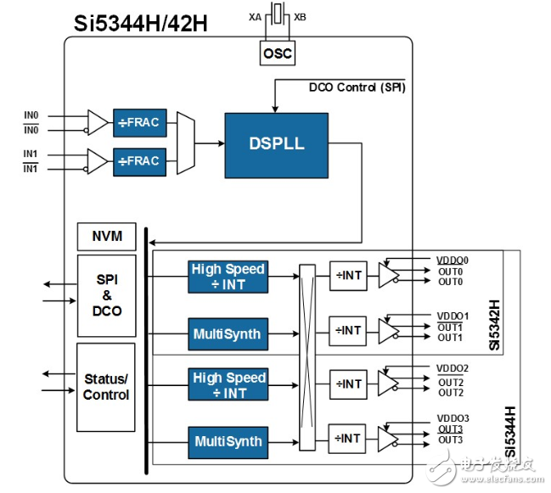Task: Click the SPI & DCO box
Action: [105, 294]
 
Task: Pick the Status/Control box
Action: [105, 386]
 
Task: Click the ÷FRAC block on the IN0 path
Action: [139, 122]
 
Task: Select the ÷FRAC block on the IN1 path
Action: [139, 160]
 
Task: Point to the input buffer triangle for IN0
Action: [98, 122]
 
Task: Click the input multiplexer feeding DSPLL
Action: [184, 141]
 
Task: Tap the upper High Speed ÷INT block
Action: [228, 277]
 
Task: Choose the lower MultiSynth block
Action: [228, 441]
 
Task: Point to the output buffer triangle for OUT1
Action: [388, 330]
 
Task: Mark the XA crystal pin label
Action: [255, 16]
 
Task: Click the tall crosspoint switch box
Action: [307, 357]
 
